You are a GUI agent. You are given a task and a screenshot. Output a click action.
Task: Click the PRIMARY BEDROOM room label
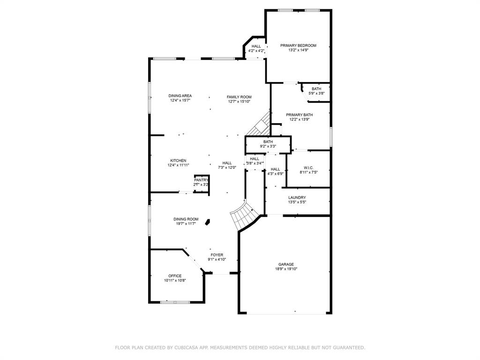(298, 45)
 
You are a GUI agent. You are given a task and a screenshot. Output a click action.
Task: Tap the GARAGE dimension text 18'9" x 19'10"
(286, 269)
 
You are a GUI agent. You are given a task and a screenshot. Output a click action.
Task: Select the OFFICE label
(175, 276)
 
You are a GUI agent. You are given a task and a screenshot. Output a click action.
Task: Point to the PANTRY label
(201, 180)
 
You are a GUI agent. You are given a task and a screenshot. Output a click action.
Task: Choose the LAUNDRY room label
(297, 197)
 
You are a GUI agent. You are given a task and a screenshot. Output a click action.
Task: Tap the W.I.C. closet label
(308, 167)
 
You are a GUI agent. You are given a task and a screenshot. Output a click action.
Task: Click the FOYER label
(217, 255)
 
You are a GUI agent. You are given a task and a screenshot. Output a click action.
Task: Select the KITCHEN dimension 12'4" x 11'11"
(178, 165)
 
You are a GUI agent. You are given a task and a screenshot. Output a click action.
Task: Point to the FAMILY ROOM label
(239, 97)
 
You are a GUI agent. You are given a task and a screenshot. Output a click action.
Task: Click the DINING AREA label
(180, 96)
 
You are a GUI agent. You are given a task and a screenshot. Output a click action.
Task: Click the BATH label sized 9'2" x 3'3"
(268, 142)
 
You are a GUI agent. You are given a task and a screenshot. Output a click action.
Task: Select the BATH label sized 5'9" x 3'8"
(316, 89)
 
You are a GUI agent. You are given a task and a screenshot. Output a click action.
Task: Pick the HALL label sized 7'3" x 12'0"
(227, 163)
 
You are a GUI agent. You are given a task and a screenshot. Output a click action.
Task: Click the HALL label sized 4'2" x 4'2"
(256, 46)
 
